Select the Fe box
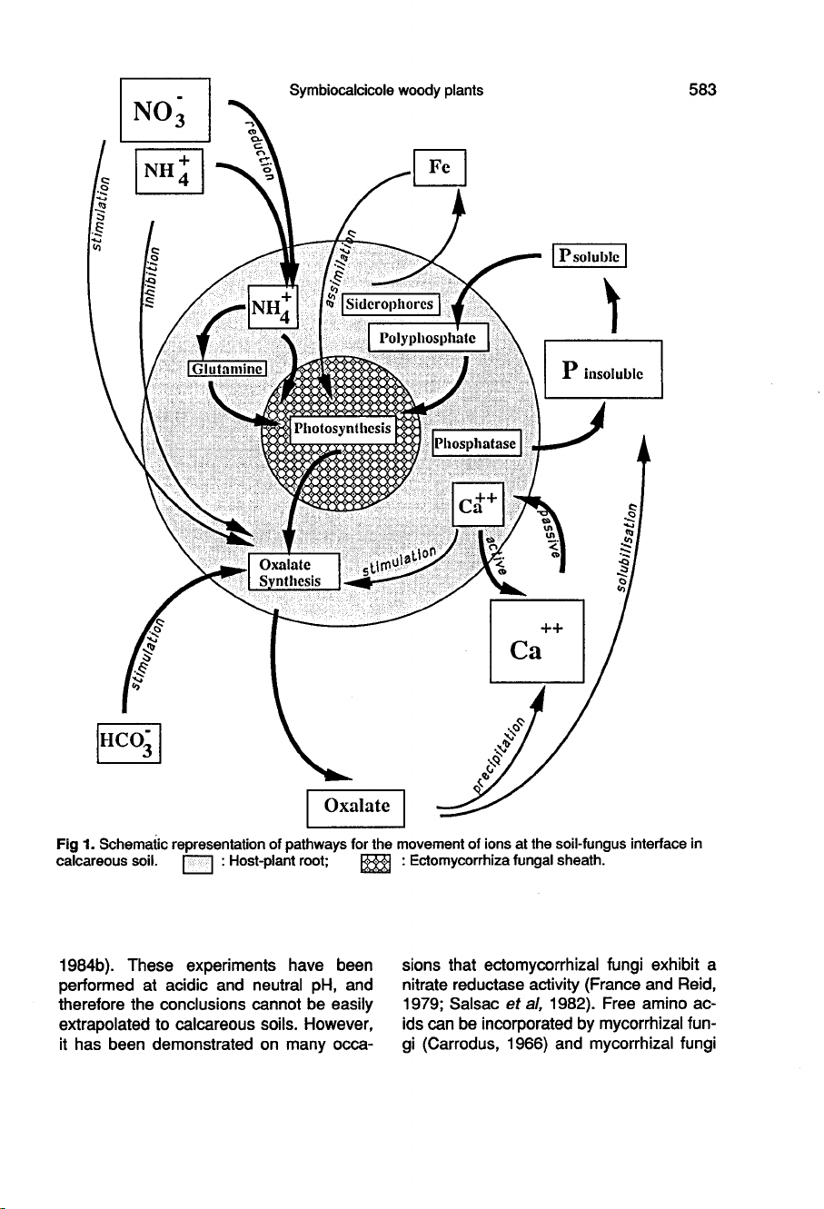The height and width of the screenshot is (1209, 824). pos(439,167)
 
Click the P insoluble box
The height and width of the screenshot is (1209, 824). pos(602,369)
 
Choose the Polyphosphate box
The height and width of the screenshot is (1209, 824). pos(428,338)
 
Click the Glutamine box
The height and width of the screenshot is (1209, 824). pos(226,368)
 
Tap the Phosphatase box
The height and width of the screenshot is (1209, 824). pos(476,443)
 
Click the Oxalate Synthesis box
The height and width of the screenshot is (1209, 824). pos(293,571)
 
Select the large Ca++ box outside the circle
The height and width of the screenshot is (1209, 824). pos(536,641)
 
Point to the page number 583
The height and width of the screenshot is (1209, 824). pos(702,89)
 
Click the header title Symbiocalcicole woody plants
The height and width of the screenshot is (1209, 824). pos(386,89)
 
